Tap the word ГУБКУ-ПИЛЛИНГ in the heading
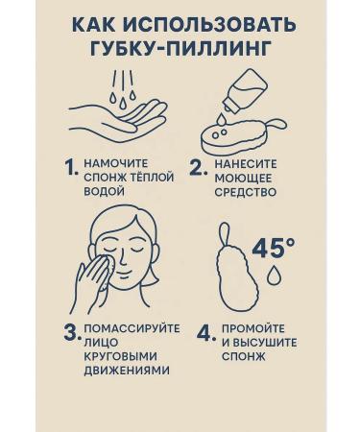[180, 48]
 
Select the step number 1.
[71, 168]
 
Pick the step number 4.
[205, 333]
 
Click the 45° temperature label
[273, 248]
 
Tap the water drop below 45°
[273, 275]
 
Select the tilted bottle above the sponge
[245, 93]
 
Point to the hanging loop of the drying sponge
[225, 236]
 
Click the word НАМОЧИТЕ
[116, 163]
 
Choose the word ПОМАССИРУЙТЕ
[132, 328]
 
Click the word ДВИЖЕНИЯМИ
[127, 371]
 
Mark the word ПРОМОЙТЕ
[253, 328]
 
